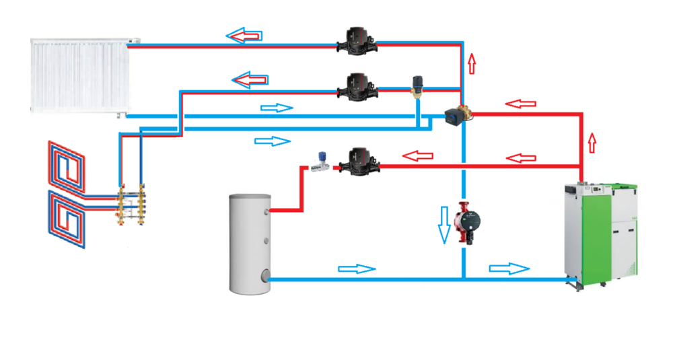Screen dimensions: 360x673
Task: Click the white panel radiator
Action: click(79, 75)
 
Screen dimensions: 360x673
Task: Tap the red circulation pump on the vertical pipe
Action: click(466, 223)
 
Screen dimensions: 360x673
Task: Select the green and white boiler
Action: click(600, 233)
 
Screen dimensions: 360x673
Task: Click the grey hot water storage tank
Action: click(250, 242)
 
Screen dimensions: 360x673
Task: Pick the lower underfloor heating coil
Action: click(66, 218)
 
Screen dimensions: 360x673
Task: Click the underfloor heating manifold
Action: click(132, 205)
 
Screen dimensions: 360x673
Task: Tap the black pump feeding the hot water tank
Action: click(356, 160)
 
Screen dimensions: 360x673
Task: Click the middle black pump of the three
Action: click(357, 85)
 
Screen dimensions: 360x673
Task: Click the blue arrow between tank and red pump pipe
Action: click(356, 268)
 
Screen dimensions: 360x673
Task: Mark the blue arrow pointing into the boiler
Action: click(509, 269)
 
